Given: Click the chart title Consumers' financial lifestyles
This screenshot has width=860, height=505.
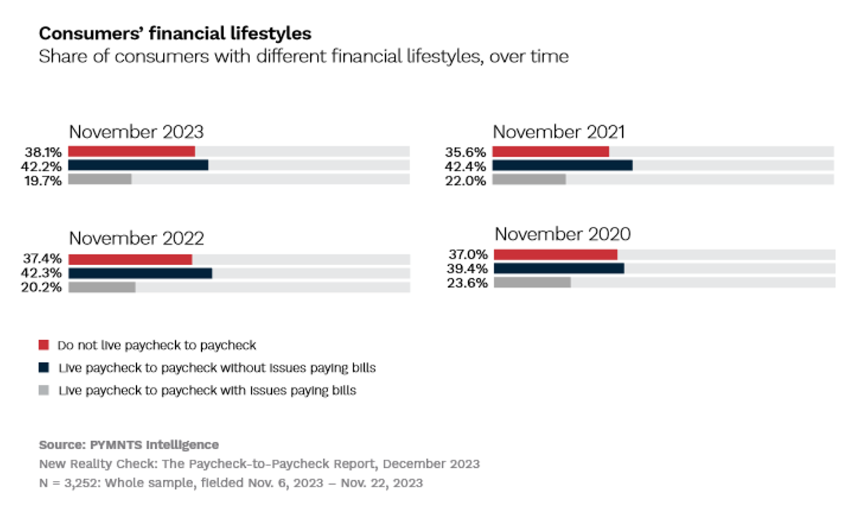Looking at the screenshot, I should [175, 33].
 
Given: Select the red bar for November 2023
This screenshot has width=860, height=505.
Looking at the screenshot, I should [131, 151].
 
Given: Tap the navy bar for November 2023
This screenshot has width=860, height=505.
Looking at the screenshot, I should [138, 165].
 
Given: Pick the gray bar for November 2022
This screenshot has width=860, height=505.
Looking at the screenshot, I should [102, 287].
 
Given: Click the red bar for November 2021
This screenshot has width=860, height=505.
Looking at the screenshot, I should [550, 152].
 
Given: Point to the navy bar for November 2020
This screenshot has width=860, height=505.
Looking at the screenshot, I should [558, 268].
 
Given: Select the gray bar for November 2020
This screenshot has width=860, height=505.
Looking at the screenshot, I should [532, 283].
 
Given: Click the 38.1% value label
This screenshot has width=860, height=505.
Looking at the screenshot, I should [43, 152].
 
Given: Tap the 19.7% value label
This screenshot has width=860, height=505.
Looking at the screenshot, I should [43, 180].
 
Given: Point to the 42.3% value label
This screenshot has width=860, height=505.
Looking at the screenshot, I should [43, 273].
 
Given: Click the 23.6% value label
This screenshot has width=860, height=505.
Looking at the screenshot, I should [468, 283].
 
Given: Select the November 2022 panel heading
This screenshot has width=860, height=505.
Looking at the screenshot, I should [136, 239].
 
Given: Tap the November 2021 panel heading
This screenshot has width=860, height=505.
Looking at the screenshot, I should [558, 132].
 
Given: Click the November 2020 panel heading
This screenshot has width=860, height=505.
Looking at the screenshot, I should [562, 234].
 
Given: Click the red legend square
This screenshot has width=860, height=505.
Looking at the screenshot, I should [43, 345].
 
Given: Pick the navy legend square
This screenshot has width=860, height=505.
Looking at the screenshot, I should [43, 367].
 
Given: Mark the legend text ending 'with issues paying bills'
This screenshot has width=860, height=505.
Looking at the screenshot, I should [207, 390].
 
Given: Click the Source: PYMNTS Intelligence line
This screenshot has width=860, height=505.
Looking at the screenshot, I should [129, 445].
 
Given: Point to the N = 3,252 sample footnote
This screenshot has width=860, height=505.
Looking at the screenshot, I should [230, 483].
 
